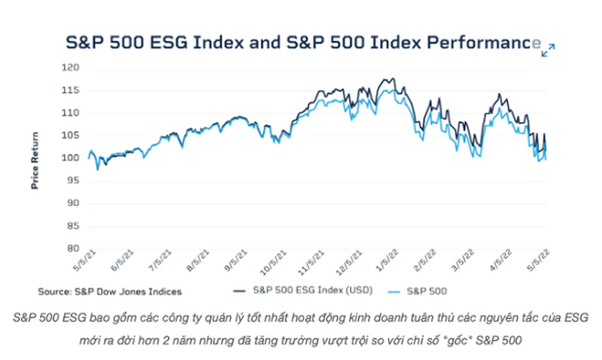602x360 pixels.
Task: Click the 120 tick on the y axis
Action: coord(70,68)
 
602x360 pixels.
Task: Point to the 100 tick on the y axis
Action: coord(70,158)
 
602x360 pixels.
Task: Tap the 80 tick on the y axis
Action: coord(73,248)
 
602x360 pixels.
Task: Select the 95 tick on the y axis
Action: coord(73,181)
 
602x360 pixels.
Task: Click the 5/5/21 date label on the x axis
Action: coord(85,260)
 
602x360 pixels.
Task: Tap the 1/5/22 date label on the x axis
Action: coord(387,260)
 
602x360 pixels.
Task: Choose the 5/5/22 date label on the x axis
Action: coord(538,260)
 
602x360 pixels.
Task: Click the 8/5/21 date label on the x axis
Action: coord(198,260)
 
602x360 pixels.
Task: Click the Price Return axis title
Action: coord(35,161)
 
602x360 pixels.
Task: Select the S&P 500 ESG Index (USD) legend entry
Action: coord(312,290)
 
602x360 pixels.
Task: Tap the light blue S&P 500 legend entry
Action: coord(426,291)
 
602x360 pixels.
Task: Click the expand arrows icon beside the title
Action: coord(548,50)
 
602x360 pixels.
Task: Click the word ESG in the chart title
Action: coord(169,43)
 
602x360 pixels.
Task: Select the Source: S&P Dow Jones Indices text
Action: coord(109,292)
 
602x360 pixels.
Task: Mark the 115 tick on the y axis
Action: coord(70,90)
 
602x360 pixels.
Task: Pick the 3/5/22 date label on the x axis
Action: coord(463,260)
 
